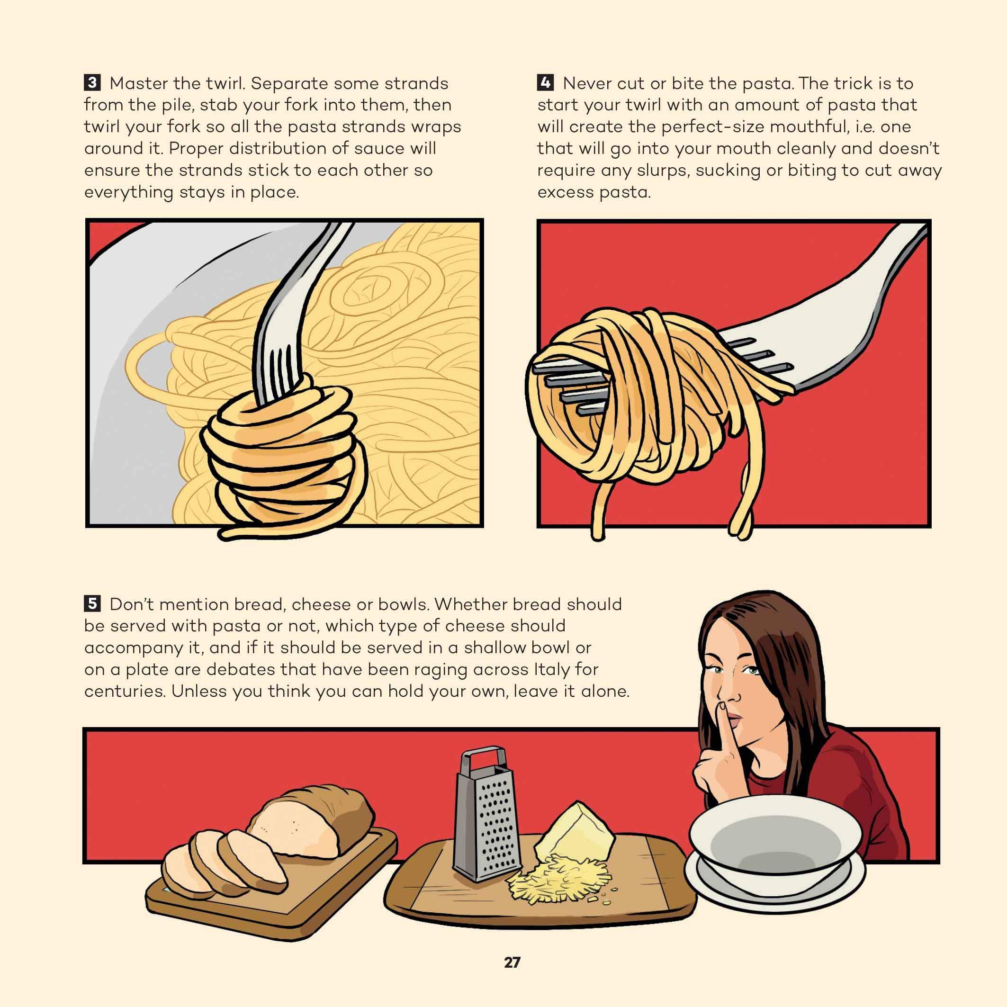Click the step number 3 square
coord(92,83)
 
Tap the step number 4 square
coord(545,83)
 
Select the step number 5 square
coord(92,604)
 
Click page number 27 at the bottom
coord(512,962)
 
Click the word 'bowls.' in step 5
coord(403,604)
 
